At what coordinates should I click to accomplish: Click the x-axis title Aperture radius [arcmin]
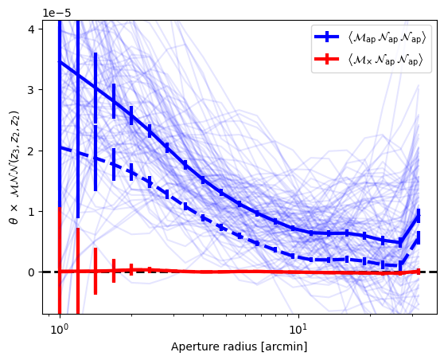pyautogui.click(x=239, y=347)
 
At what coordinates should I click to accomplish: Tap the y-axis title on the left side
pyautogui.click(x=14, y=167)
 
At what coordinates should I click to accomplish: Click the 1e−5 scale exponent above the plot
pyautogui.click(x=56, y=13)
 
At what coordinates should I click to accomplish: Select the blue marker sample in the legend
pyautogui.click(x=327, y=37)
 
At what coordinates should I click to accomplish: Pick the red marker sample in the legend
pyautogui.click(x=327, y=59)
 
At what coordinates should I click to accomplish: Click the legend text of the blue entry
pyautogui.click(x=387, y=37)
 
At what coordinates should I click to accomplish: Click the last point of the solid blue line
pyautogui.click(x=419, y=216)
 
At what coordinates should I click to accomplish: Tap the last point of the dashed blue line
pyautogui.click(x=419, y=238)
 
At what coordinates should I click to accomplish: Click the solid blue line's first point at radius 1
pyautogui.click(x=60, y=61)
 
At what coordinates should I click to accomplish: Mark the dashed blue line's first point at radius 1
pyautogui.click(x=60, y=147)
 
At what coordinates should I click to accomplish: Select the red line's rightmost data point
pyautogui.click(x=419, y=272)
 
